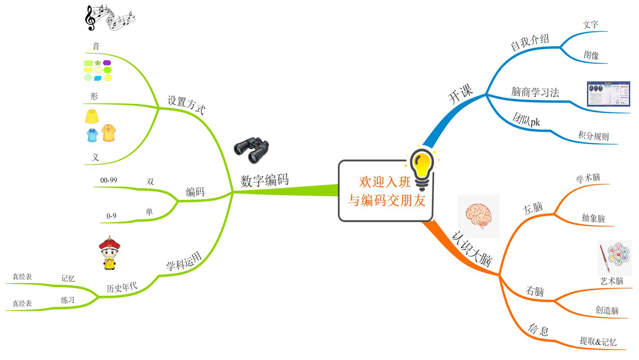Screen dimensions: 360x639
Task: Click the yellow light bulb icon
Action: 422,168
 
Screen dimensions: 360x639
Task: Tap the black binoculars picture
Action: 252,150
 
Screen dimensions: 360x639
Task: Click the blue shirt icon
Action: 92,135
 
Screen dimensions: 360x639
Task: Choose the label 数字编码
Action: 264,180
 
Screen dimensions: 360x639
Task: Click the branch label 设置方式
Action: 186,105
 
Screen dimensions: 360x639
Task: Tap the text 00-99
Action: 109,180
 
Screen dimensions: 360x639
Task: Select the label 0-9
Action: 111,216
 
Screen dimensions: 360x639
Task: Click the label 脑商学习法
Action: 535,92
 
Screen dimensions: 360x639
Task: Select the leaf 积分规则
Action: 593,136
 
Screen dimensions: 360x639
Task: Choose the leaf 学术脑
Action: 588,178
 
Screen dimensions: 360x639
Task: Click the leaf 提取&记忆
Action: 598,342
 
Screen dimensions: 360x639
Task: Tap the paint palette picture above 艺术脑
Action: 611,257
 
